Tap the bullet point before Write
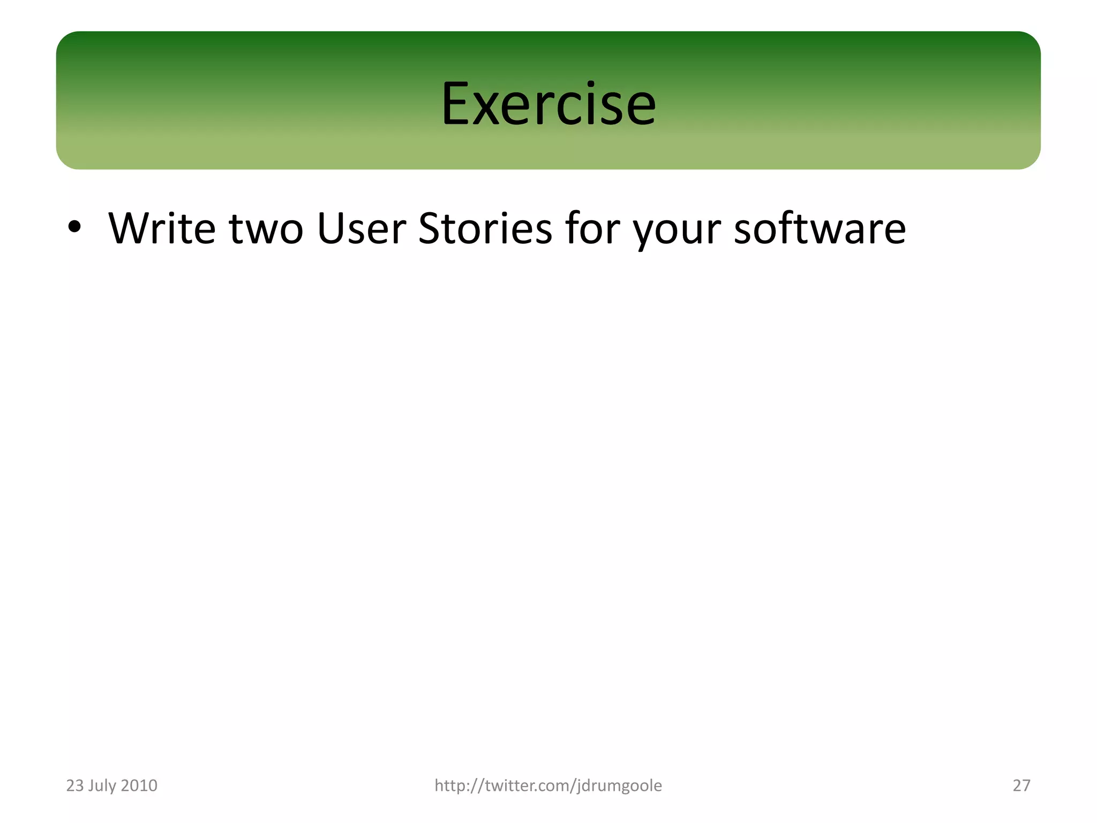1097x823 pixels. (74, 227)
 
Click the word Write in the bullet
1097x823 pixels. (162, 228)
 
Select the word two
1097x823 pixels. (266, 229)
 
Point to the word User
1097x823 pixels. (361, 228)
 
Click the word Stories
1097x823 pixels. (485, 228)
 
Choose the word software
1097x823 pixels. (819, 228)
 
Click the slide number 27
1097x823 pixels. (1021, 785)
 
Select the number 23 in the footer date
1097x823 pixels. (75, 785)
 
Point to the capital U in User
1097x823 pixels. (330, 228)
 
